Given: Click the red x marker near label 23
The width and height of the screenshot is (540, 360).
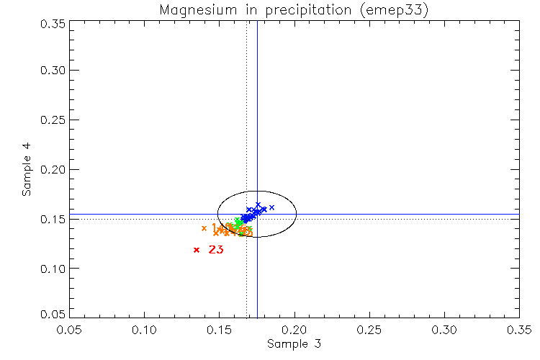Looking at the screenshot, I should point(197,250).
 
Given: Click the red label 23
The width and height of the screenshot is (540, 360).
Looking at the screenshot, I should point(215,250).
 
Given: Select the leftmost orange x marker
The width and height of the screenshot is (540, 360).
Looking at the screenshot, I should point(204,228).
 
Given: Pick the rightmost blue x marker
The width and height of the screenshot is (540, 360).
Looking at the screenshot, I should point(271,207).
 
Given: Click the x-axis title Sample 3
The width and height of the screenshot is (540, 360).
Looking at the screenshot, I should point(294,344).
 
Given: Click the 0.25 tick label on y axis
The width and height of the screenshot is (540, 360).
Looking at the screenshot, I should point(55,120).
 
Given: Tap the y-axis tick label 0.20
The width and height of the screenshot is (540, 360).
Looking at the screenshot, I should point(55,170).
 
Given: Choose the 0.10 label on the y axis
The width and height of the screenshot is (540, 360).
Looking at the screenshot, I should point(55,269).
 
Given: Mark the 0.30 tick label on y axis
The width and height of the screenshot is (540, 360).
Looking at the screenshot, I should point(55,71).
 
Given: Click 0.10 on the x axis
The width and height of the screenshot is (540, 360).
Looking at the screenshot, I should point(144,330).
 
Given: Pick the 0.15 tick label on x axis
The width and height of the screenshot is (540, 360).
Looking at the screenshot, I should point(219,330).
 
